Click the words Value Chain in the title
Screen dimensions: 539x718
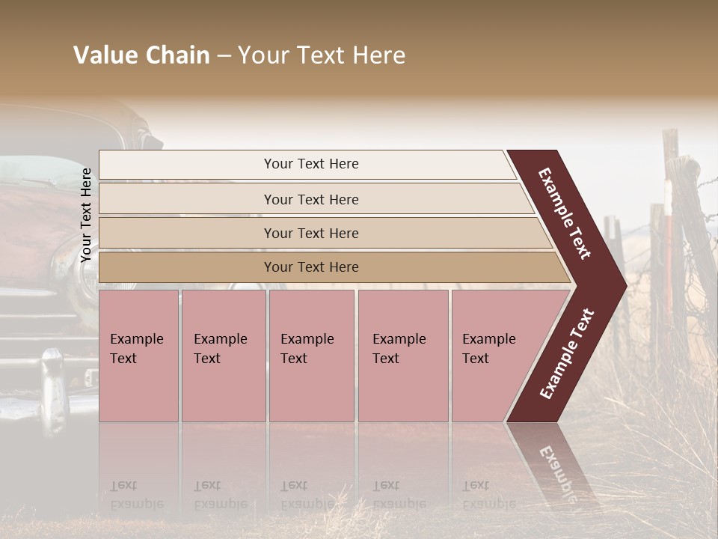[141, 55]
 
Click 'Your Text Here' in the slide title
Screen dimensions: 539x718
[322, 55]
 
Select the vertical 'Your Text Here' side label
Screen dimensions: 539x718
[86, 215]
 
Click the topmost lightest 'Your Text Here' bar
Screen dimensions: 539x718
[310, 164]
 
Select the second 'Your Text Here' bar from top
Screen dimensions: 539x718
[310, 199]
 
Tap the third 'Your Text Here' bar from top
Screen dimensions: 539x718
[310, 233]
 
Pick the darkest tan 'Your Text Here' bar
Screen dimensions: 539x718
[310, 267]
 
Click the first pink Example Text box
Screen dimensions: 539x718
[138, 356]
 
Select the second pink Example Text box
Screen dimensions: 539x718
[223, 356]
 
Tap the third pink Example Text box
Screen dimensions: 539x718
[311, 356]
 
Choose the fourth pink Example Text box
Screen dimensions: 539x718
[402, 356]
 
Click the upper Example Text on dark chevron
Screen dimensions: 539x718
[565, 213]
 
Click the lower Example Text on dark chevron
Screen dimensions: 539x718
[566, 354]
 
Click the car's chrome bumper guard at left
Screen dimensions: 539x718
[54, 389]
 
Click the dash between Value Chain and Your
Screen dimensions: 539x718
[224, 56]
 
